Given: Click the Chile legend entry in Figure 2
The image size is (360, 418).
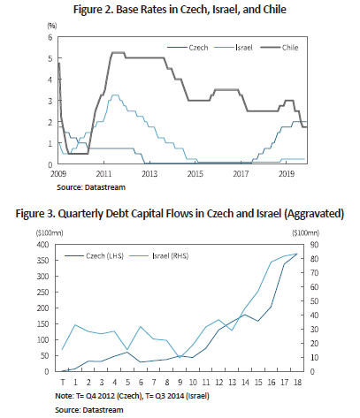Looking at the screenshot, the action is point(280,48).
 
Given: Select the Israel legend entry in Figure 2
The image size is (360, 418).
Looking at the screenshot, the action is point(234,48).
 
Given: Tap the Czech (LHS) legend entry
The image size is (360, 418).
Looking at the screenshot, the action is point(94,255).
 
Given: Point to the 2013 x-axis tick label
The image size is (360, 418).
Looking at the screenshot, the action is point(149,174).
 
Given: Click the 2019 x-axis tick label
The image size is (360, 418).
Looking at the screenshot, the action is point(287,174).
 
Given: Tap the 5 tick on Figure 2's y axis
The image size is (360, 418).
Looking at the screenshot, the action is point(50,58).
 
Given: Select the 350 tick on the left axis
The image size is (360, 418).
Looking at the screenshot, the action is point(42,261).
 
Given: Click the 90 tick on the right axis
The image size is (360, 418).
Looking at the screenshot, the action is point(314,245).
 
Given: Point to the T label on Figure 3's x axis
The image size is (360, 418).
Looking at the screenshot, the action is point(63,382).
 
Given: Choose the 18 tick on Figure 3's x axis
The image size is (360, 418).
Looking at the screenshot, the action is point(298,382).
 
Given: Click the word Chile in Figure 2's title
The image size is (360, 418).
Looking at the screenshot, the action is point(274,10).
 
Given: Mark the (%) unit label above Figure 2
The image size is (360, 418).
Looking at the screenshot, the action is point(52,26).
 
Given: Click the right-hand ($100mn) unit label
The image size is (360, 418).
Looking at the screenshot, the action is point(306,233).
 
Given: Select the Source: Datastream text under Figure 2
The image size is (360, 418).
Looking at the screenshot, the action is point(91,187).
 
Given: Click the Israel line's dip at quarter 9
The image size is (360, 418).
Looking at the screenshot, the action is point(180,357).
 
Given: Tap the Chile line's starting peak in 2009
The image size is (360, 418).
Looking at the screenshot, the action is point(59,64).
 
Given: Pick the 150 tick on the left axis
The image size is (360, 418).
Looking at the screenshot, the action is point(42,323).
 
